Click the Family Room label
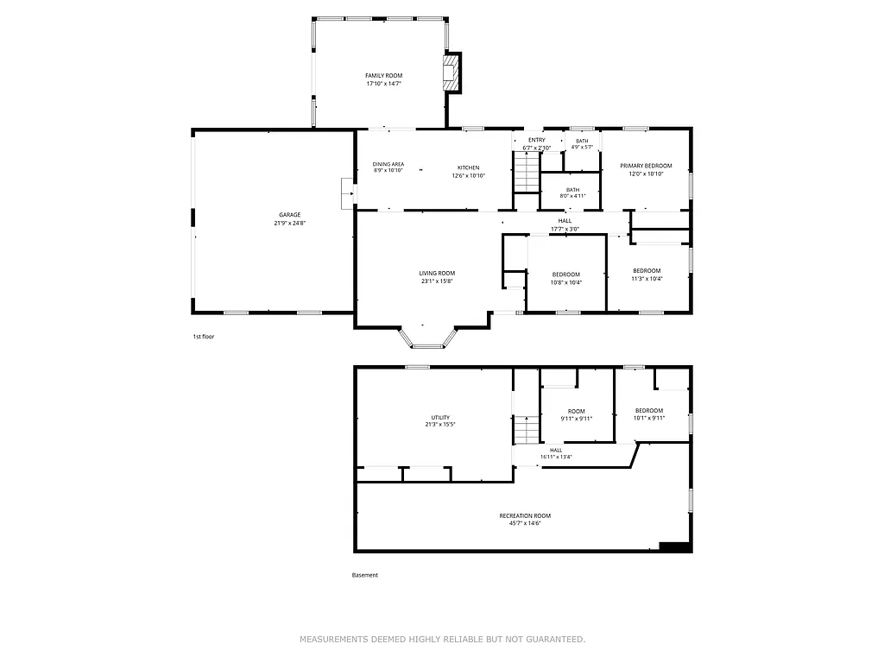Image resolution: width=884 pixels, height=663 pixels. pyautogui.click(x=383, y=76)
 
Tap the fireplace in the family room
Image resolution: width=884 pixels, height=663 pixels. pyautogui.click(x=451, y=73)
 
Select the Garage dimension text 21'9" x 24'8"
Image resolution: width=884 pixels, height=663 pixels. pyautogui.click(x=290, y=223)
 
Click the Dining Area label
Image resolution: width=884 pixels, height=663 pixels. pyautogui.click(x=388, y=164)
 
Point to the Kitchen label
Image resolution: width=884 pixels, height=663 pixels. pyautogui.click(x=468, y=167)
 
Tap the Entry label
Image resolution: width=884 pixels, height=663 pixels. pyautogui.click(x=536, y=140)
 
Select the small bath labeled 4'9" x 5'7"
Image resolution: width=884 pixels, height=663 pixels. pyautogui.click(x=582, y=144)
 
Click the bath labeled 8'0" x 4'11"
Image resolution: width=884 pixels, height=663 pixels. pyautogui.click(x=570, y=193)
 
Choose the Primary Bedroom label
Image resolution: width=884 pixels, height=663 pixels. pyautogui.click(x=646, y=166)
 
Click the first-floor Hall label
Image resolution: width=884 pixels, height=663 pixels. pyautogui.click(x=565, y=221)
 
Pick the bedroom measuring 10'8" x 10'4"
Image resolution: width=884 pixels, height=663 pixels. pyautogui.click(x=566, y=278)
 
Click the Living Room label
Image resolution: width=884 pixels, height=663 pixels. pyautogui.click(x=437, y=273)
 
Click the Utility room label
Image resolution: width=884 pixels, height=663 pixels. pyautogui.click(x=440, y=418)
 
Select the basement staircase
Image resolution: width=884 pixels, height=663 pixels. pyautogui.click(x=526, y=429)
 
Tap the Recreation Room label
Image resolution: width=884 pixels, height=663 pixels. pyautogui.click(x=525, y=516)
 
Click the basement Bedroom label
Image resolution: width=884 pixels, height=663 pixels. pyautogui.click(x=649, y=411)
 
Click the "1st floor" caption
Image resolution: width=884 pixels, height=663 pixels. pyautogui.click(x=203, y=337)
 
